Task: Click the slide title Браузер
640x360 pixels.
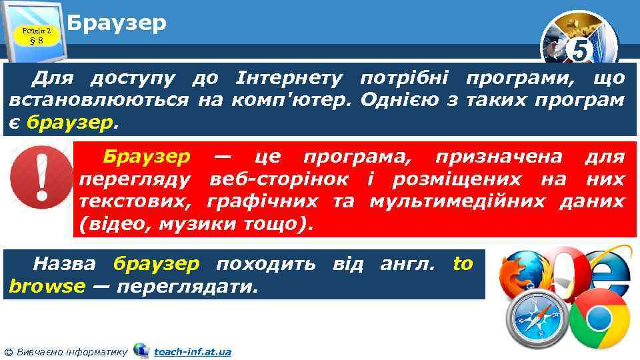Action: click(117, 23)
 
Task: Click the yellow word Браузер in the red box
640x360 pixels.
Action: click(147, 157)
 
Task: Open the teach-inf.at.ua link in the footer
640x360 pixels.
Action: click(192, 351)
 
